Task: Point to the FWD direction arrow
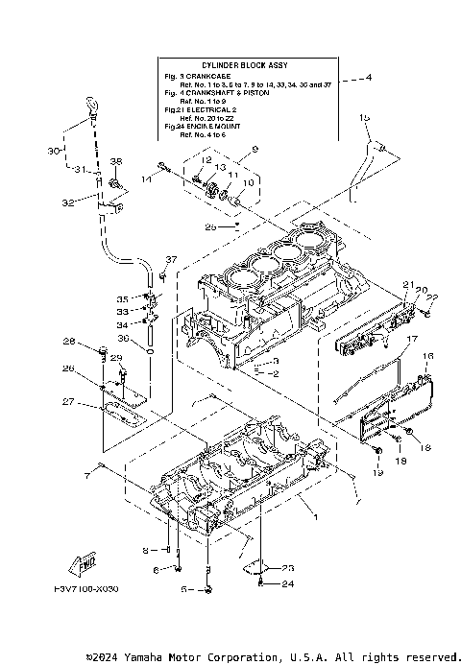(82, 562)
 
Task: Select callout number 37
(171, 260)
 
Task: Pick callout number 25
(210, 227)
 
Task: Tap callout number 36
(122, 338)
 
